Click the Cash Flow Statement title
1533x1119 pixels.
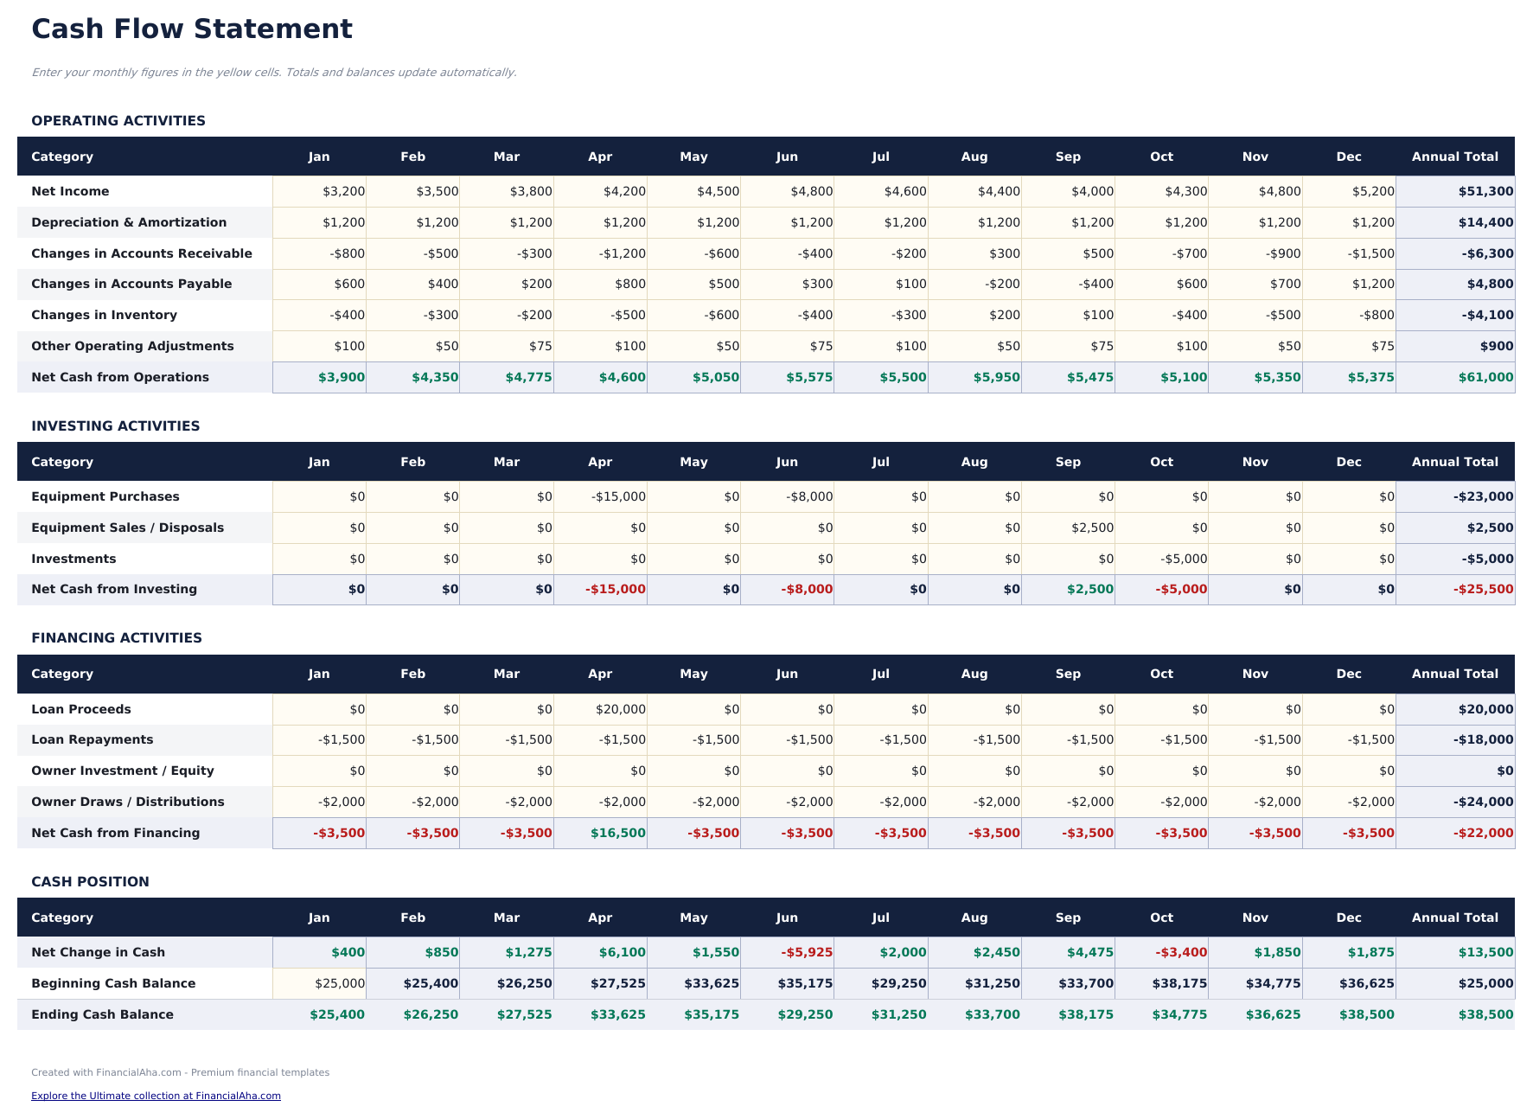pyautogui.click(x=191, y=29)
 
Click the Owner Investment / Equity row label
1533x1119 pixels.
pyautogui.click(x=122, y=771)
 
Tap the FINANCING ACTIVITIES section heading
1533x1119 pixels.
pyautogui.click(x=116, y=637)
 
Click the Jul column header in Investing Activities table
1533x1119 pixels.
pyautogui.click(x=880, y=462)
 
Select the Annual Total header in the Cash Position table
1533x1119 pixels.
pyautogui.click(x=1454, y=918)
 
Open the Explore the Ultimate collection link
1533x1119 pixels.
pyautogui.click(x=156, y=1096)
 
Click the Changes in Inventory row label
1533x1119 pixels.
pyautogui.click(x=104, y=315)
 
